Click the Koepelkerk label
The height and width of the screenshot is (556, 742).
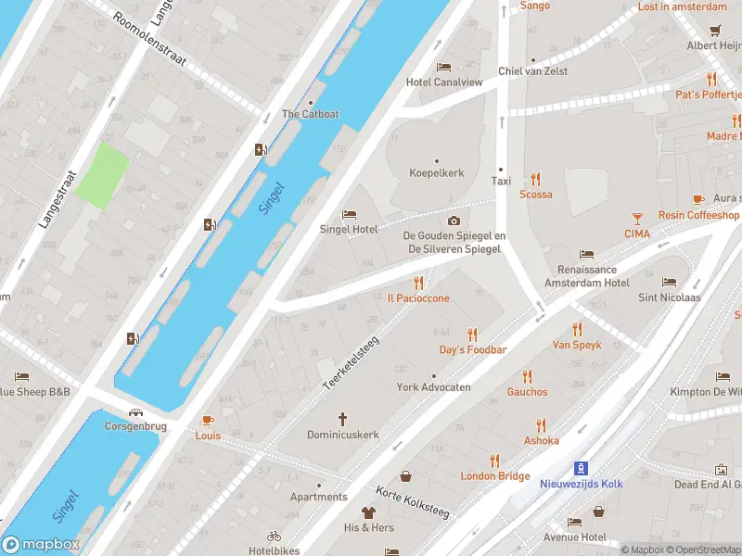pos(437,173)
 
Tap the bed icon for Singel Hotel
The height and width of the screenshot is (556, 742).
pos(349,215)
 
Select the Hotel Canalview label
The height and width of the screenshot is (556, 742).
pos(444,82)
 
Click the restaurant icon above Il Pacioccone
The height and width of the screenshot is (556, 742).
pos(418,284)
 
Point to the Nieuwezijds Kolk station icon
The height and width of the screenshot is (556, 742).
pos(582,468)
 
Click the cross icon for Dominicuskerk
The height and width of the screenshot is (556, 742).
pos(342,420)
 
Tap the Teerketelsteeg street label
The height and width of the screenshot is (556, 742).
pos(352,362)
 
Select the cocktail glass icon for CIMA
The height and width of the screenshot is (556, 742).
pos(637,219)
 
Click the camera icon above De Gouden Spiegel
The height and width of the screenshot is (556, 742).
pos(454,221)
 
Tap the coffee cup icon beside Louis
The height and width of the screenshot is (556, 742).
pos(208,420)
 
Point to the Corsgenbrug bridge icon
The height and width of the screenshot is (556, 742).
pos(136,413)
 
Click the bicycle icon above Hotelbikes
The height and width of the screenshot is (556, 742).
pos(274,536)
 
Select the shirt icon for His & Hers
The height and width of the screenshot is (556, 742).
pos(368,512)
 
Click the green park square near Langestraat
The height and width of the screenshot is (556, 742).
pos(103,174)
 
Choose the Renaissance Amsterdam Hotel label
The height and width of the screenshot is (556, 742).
pos(586,276)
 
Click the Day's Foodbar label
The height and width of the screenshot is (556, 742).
pos(472,349)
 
